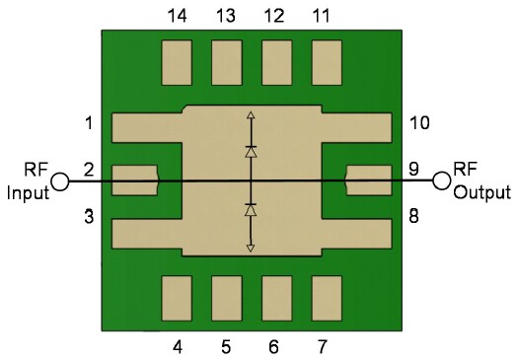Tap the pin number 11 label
pos(322,16)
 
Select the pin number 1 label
pos(89,124)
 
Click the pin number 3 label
pos(89,216)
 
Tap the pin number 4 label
pos(178,347)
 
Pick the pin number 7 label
pos(323,347)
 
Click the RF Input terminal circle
pos(60,181)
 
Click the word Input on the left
pos(28,193)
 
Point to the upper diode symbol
pos(251,153)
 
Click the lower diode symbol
pos(251,210)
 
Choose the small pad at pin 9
pos(367,180)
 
